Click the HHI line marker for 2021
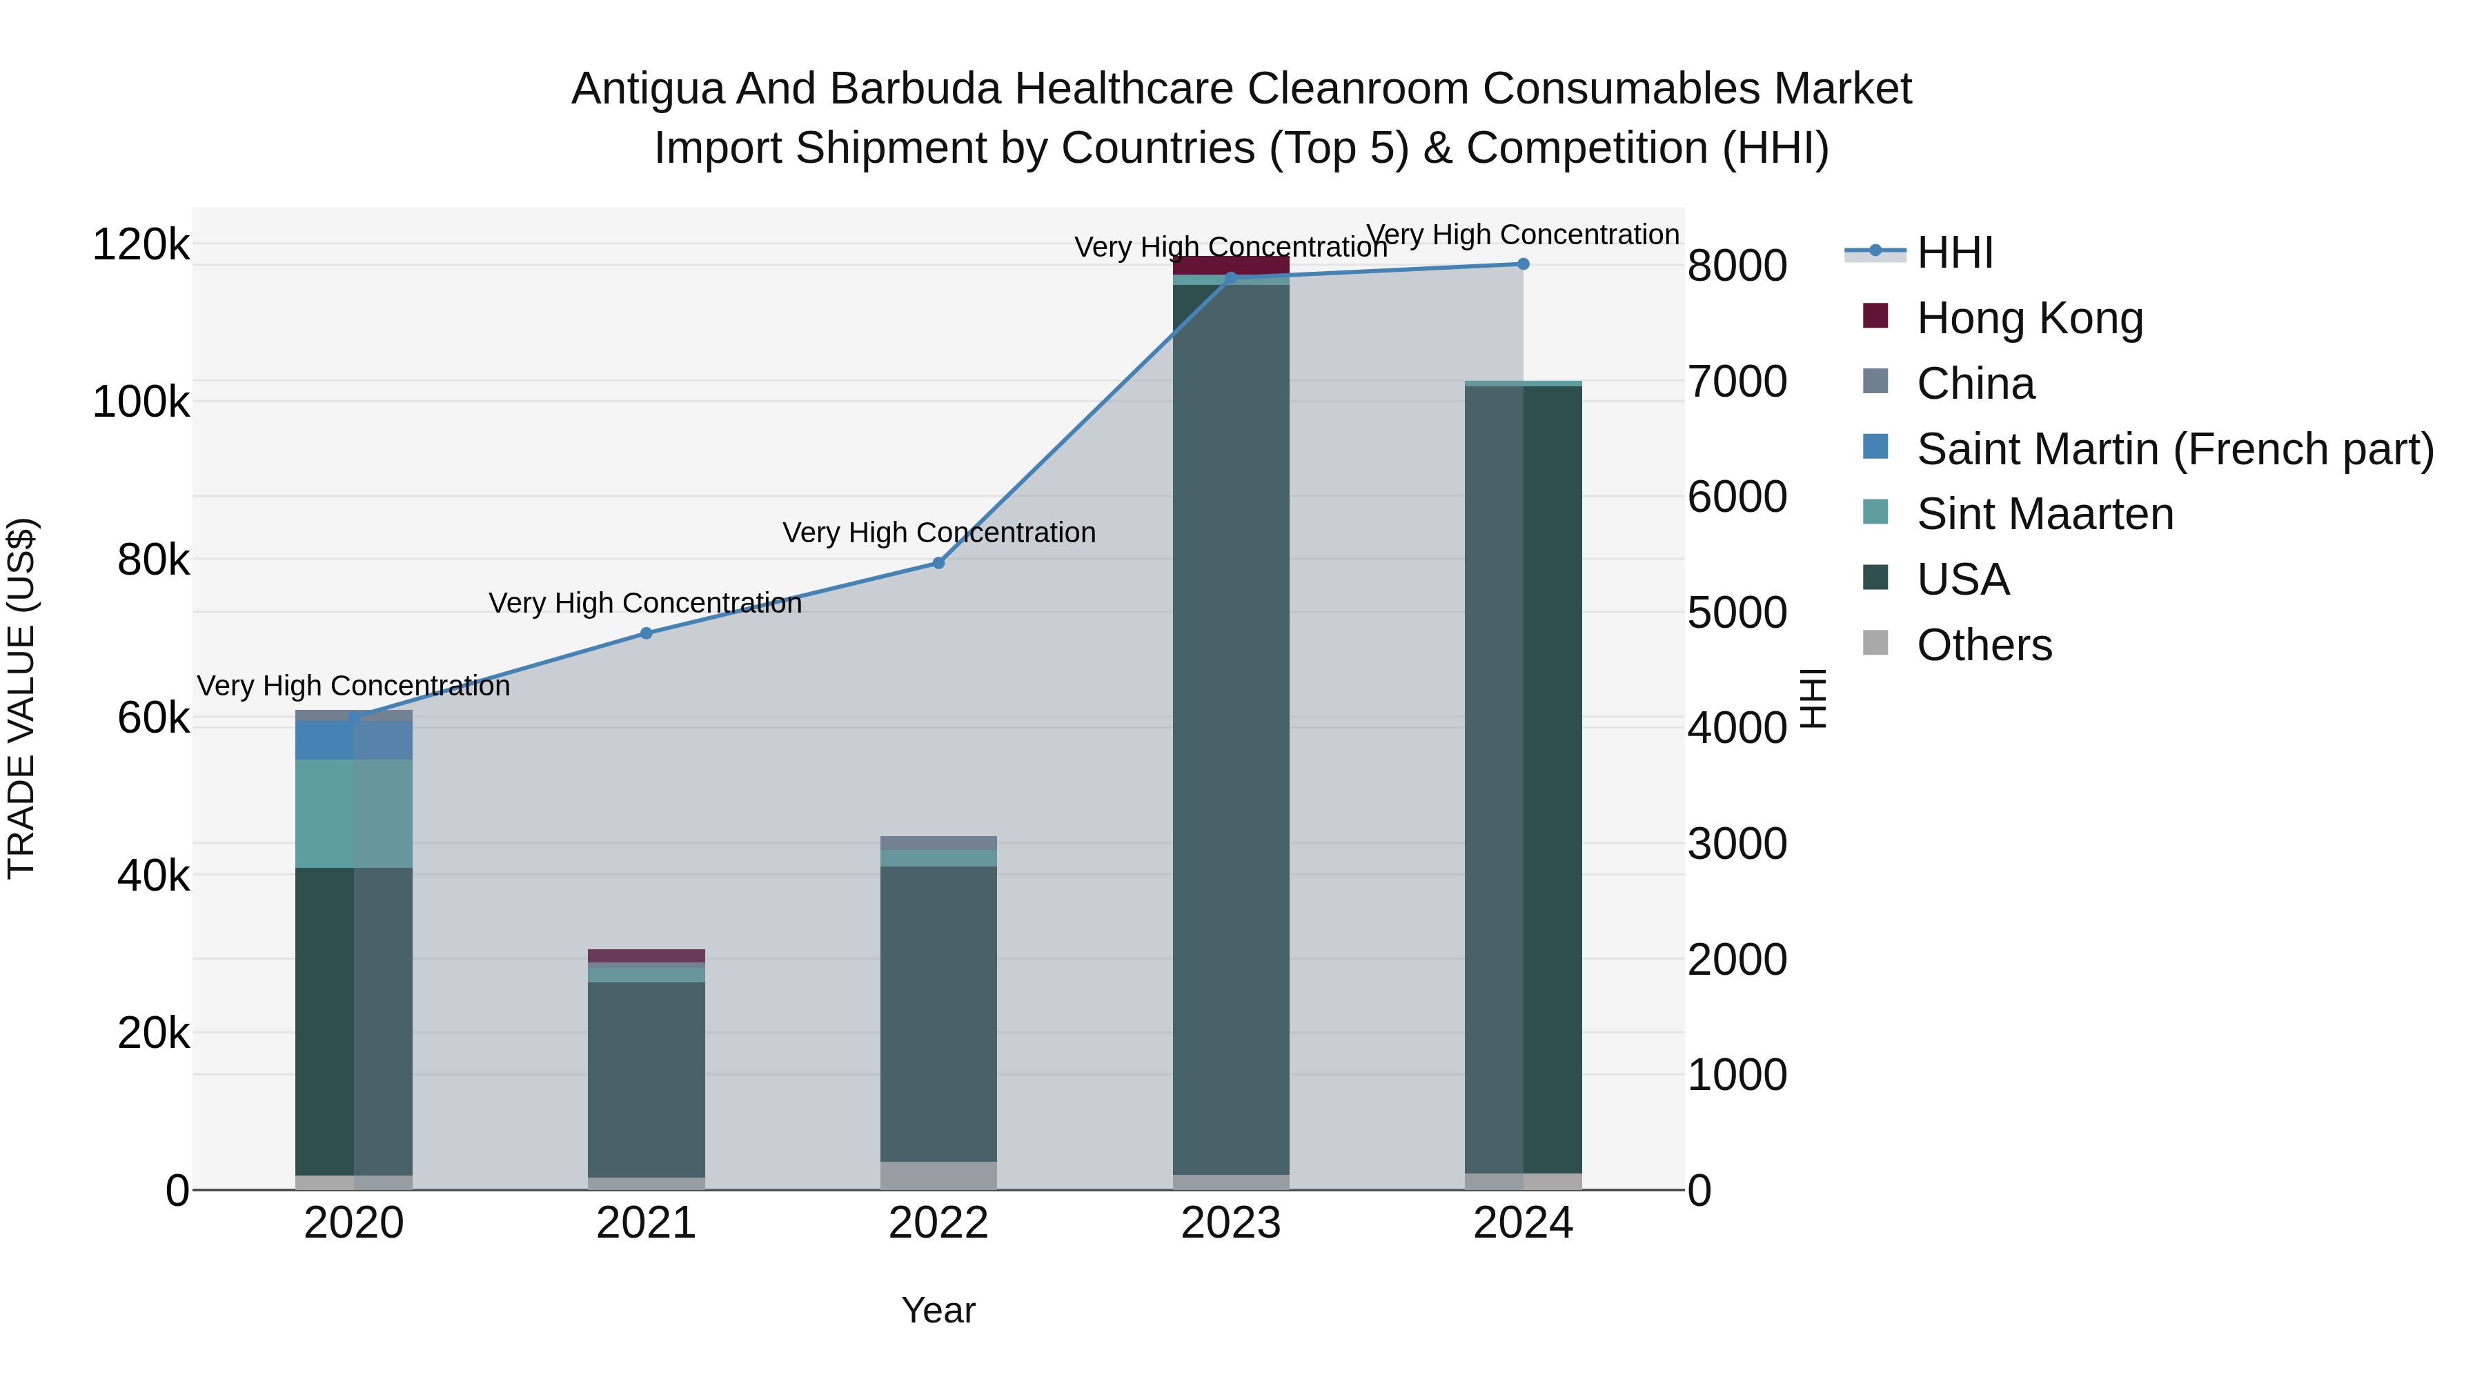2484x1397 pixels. click(646, 633)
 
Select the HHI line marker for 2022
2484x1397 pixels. click(938, 563)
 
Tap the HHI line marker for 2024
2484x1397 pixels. click(1523, 264)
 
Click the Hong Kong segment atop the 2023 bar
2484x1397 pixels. click(1230, 264)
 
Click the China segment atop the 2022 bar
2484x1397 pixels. click(938, 842)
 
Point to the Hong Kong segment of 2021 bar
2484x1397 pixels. click(646, 955)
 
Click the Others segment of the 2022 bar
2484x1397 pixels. click(938, 1176)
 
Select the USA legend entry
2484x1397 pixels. click(1962, 579)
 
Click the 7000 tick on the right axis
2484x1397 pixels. click(1737, 382)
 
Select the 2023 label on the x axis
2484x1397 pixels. click(1230, 1223)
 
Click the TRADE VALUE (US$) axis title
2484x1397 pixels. click(21, 698)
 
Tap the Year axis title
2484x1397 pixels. click(938, 1310)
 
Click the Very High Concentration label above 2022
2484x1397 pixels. click(938, 533)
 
